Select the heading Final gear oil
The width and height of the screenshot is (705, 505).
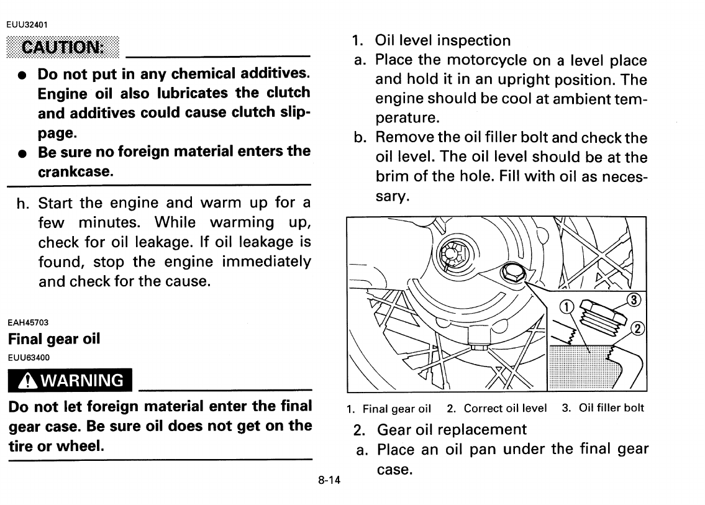(54, 339)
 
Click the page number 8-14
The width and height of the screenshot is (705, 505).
(329, 480)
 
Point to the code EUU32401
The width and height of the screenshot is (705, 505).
(28, 25)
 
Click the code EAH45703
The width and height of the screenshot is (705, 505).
(28, 322)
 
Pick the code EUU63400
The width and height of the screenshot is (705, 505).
(28, 357)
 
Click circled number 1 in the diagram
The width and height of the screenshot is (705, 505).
(566, 306)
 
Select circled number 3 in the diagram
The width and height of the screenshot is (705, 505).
(632, 300)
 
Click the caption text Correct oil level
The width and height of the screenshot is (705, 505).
(505, 409)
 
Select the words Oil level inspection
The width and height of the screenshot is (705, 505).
(442, 41)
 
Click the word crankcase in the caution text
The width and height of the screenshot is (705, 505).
(75, 171)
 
